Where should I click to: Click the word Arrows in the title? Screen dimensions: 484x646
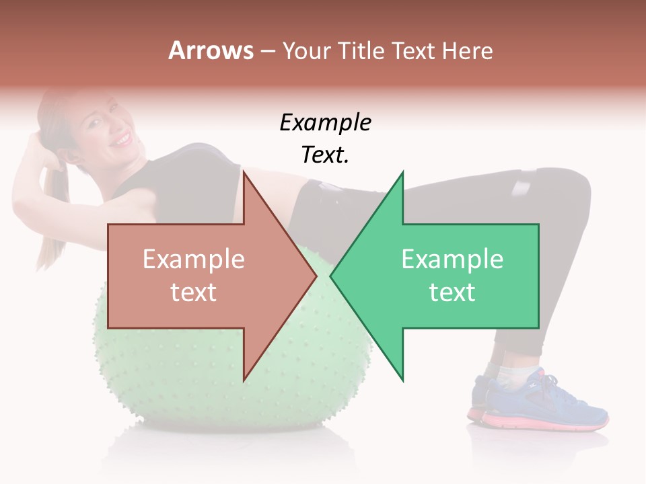[x=211, y=50]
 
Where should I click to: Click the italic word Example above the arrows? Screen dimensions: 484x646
[x=325, y=123]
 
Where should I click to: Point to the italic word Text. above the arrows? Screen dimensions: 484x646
[x=325, y=155]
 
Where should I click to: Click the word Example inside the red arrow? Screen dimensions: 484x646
[x=194, y=259]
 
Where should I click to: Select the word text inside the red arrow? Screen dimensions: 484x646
[x=194, y=292]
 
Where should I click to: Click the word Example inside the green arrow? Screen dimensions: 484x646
[x=452, y=259]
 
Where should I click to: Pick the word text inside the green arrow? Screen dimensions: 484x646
[x=452, y=292]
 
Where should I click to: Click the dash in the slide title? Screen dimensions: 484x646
[x=267, y=51]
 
